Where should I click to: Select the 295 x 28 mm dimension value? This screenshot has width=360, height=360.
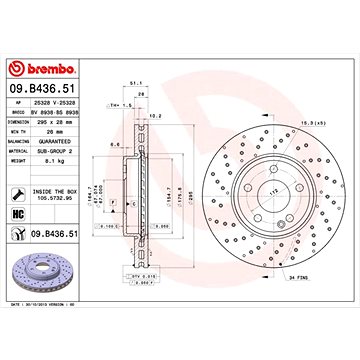coord(58,122)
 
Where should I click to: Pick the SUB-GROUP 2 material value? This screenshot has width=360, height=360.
coord(58,151)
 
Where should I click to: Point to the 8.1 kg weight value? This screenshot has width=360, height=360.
coord(56,160)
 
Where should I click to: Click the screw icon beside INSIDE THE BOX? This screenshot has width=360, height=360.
coord(19,193)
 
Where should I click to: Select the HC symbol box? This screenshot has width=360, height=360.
coord(19,215)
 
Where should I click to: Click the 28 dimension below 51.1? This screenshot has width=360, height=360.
coord(141,94)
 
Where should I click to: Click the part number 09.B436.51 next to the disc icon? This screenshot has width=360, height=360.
coord(57,237)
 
